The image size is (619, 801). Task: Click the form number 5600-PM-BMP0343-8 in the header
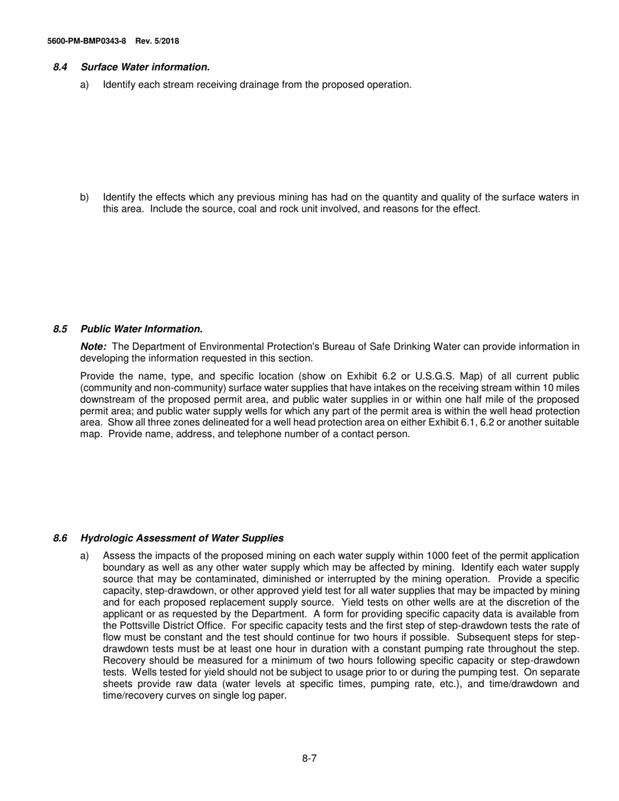[87, 41]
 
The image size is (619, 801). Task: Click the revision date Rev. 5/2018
[157, 41]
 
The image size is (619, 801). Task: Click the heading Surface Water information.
[145, 67]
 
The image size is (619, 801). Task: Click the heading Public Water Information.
[141, 329]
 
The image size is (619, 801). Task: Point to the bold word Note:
[93, 346]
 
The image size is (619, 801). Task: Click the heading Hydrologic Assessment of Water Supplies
[182, 538]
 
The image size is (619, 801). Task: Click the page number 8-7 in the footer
[309, 758]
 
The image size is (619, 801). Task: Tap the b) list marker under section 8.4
[85, 197]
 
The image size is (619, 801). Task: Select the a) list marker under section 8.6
[85, 555]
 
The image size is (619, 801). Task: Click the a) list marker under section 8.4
[85, 85]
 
